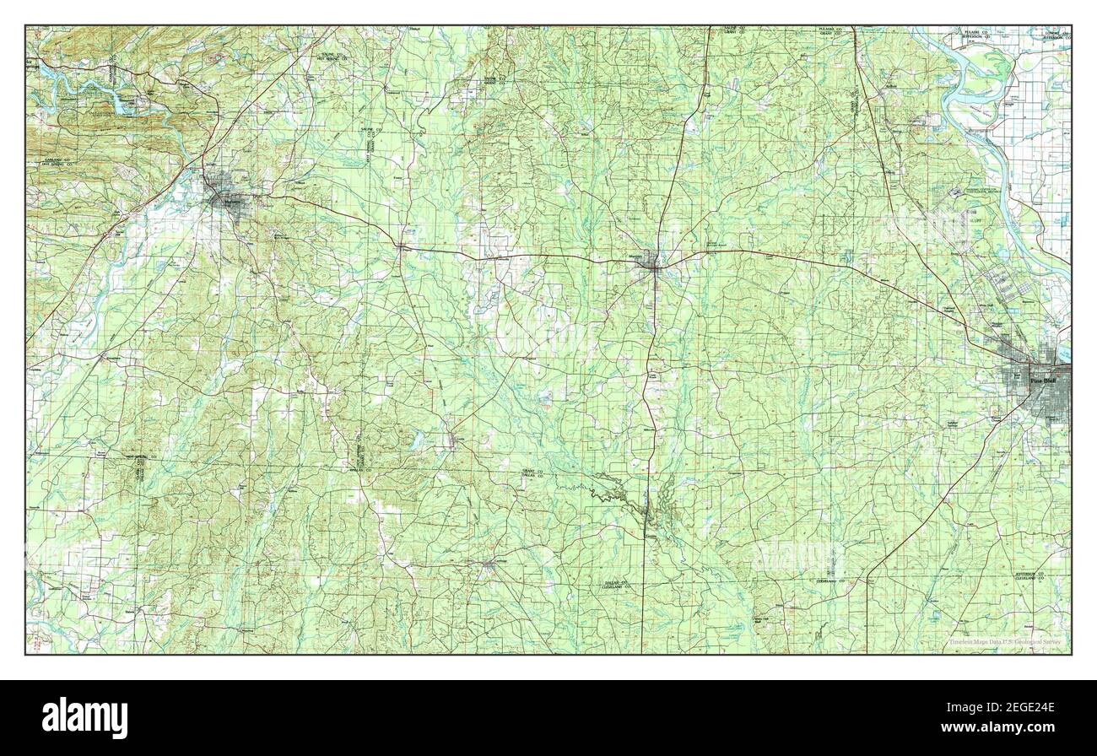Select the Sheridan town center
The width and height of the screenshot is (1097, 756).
651,264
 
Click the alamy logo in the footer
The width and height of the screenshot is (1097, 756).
85,717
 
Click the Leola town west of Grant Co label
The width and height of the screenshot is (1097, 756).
457,439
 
